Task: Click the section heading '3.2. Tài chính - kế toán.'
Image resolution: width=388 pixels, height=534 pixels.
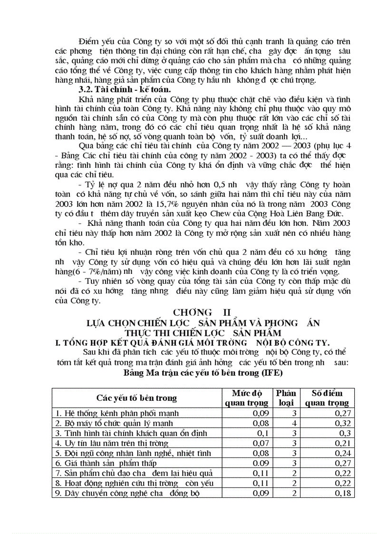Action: pyautogui.click(x=125, y=89)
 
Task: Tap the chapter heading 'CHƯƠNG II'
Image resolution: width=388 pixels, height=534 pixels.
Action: pyautogui.click(x=201, y=312)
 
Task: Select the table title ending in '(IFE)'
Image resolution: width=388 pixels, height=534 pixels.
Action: pyautogui.click(x=203, y=372)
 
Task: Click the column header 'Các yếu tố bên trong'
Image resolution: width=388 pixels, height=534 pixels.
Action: pyautogui.click(x=136, y=398)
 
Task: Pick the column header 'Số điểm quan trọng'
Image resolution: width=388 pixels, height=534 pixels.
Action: pyautogui.click(x=327, y=398)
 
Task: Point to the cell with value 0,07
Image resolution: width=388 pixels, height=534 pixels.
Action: pyautogui.click(x=261, y=442)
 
